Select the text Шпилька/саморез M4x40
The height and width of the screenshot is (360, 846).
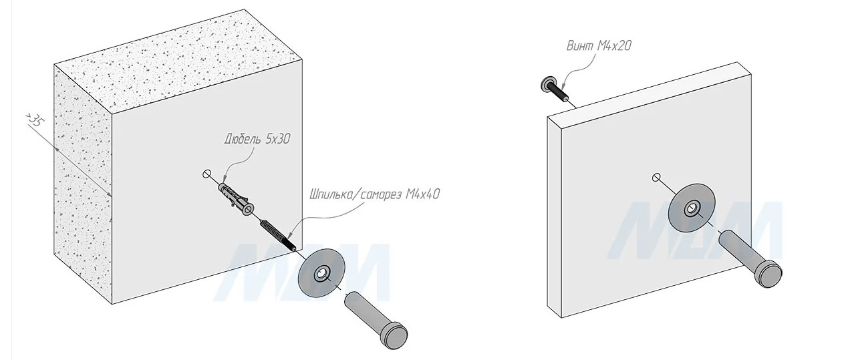pos(374,194)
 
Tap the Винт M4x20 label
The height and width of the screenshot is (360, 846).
pos(598,46)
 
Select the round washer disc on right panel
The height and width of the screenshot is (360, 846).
pos(692,208)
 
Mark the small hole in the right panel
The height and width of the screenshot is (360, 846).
pos(656,177)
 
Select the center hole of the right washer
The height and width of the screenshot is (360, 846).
pos(690,210)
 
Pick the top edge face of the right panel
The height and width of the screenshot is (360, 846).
pos(648,90)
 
